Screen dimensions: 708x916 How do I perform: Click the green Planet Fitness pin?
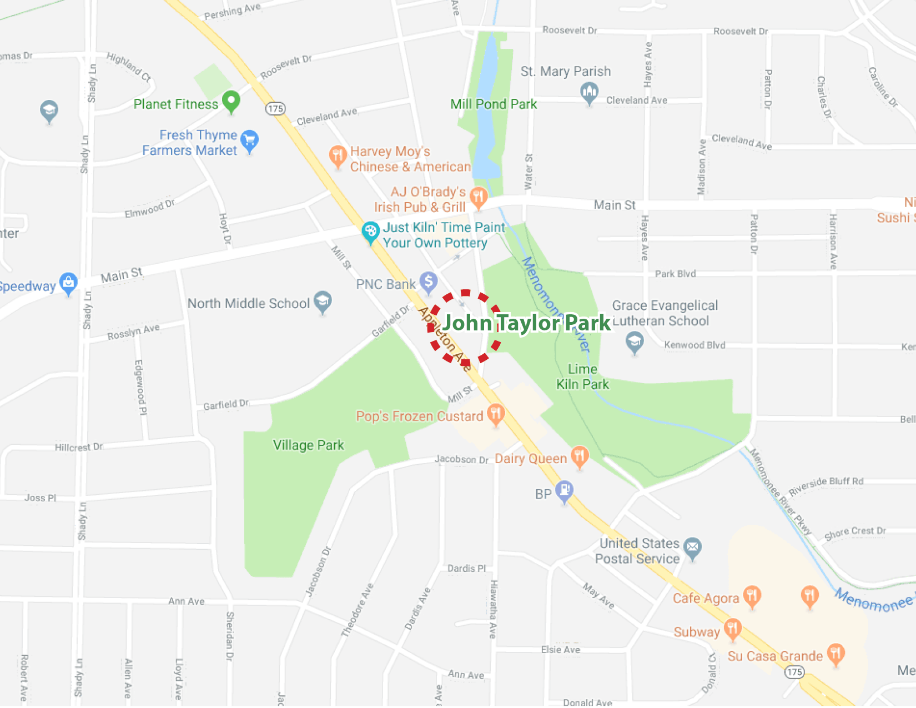tap(231, 101)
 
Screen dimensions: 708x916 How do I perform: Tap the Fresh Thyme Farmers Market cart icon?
tap(250, 139)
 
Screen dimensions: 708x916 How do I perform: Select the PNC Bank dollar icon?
tap(428, 282)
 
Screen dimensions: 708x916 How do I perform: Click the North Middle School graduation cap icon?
tap(323, 301)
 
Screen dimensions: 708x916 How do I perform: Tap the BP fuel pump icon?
tap(565, 491)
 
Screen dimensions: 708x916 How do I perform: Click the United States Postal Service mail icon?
tap(692, 548)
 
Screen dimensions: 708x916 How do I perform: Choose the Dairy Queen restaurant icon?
tap(580, 456)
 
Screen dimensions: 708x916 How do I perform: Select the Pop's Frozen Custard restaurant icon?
tap(496, 414)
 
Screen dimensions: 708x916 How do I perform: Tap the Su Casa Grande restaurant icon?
tap(836, 654)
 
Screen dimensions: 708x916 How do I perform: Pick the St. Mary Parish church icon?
tap(589, 92)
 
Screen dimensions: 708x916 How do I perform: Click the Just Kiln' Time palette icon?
tap(370, 232)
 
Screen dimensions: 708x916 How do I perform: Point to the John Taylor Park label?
tap(526, 323)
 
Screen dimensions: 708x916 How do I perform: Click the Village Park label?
tap(309, 445)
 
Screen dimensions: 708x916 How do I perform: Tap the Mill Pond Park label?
tap(494, 104)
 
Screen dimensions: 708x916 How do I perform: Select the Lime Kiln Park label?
tap(582, 376)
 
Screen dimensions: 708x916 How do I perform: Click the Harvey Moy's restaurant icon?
tap(338, 156)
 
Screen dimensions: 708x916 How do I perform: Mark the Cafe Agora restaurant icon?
tap(752, 596)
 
